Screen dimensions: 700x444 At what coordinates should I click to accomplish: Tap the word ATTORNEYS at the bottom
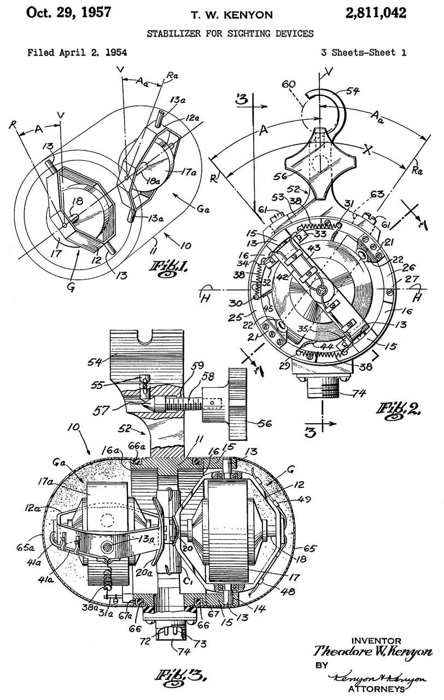(x=379, y=687)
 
